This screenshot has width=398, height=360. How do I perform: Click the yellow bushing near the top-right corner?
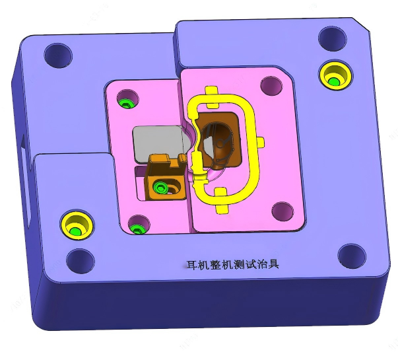coord(333,75)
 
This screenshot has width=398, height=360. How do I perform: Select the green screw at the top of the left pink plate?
coord(127,102)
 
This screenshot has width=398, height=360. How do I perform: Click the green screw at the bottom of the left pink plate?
coord(137,228)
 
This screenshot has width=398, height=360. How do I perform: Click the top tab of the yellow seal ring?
coord(211,92)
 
